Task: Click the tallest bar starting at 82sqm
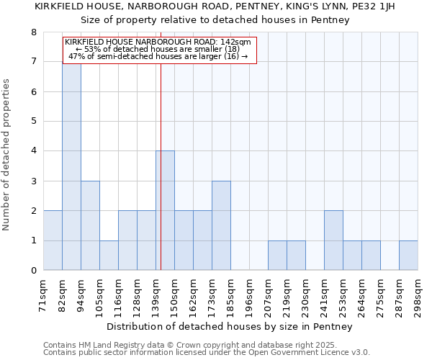(x=71, y=166)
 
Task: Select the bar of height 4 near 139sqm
(x=165, y=210)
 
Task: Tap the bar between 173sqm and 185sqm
(x=221, y=225)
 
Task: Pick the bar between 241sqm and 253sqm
(x=333, y=240)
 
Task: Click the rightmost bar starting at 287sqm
(x=408, y=256)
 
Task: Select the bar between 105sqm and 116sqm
(x=109, y=256)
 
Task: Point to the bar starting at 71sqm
(x=53, y=240)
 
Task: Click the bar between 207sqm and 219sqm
(x=277, y=256)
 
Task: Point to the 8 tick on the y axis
(x=33, y=32)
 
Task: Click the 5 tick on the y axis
(x=33, y=122)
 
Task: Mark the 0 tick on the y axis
(x=33, y=271)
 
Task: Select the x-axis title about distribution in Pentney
(x=230, y=327)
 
